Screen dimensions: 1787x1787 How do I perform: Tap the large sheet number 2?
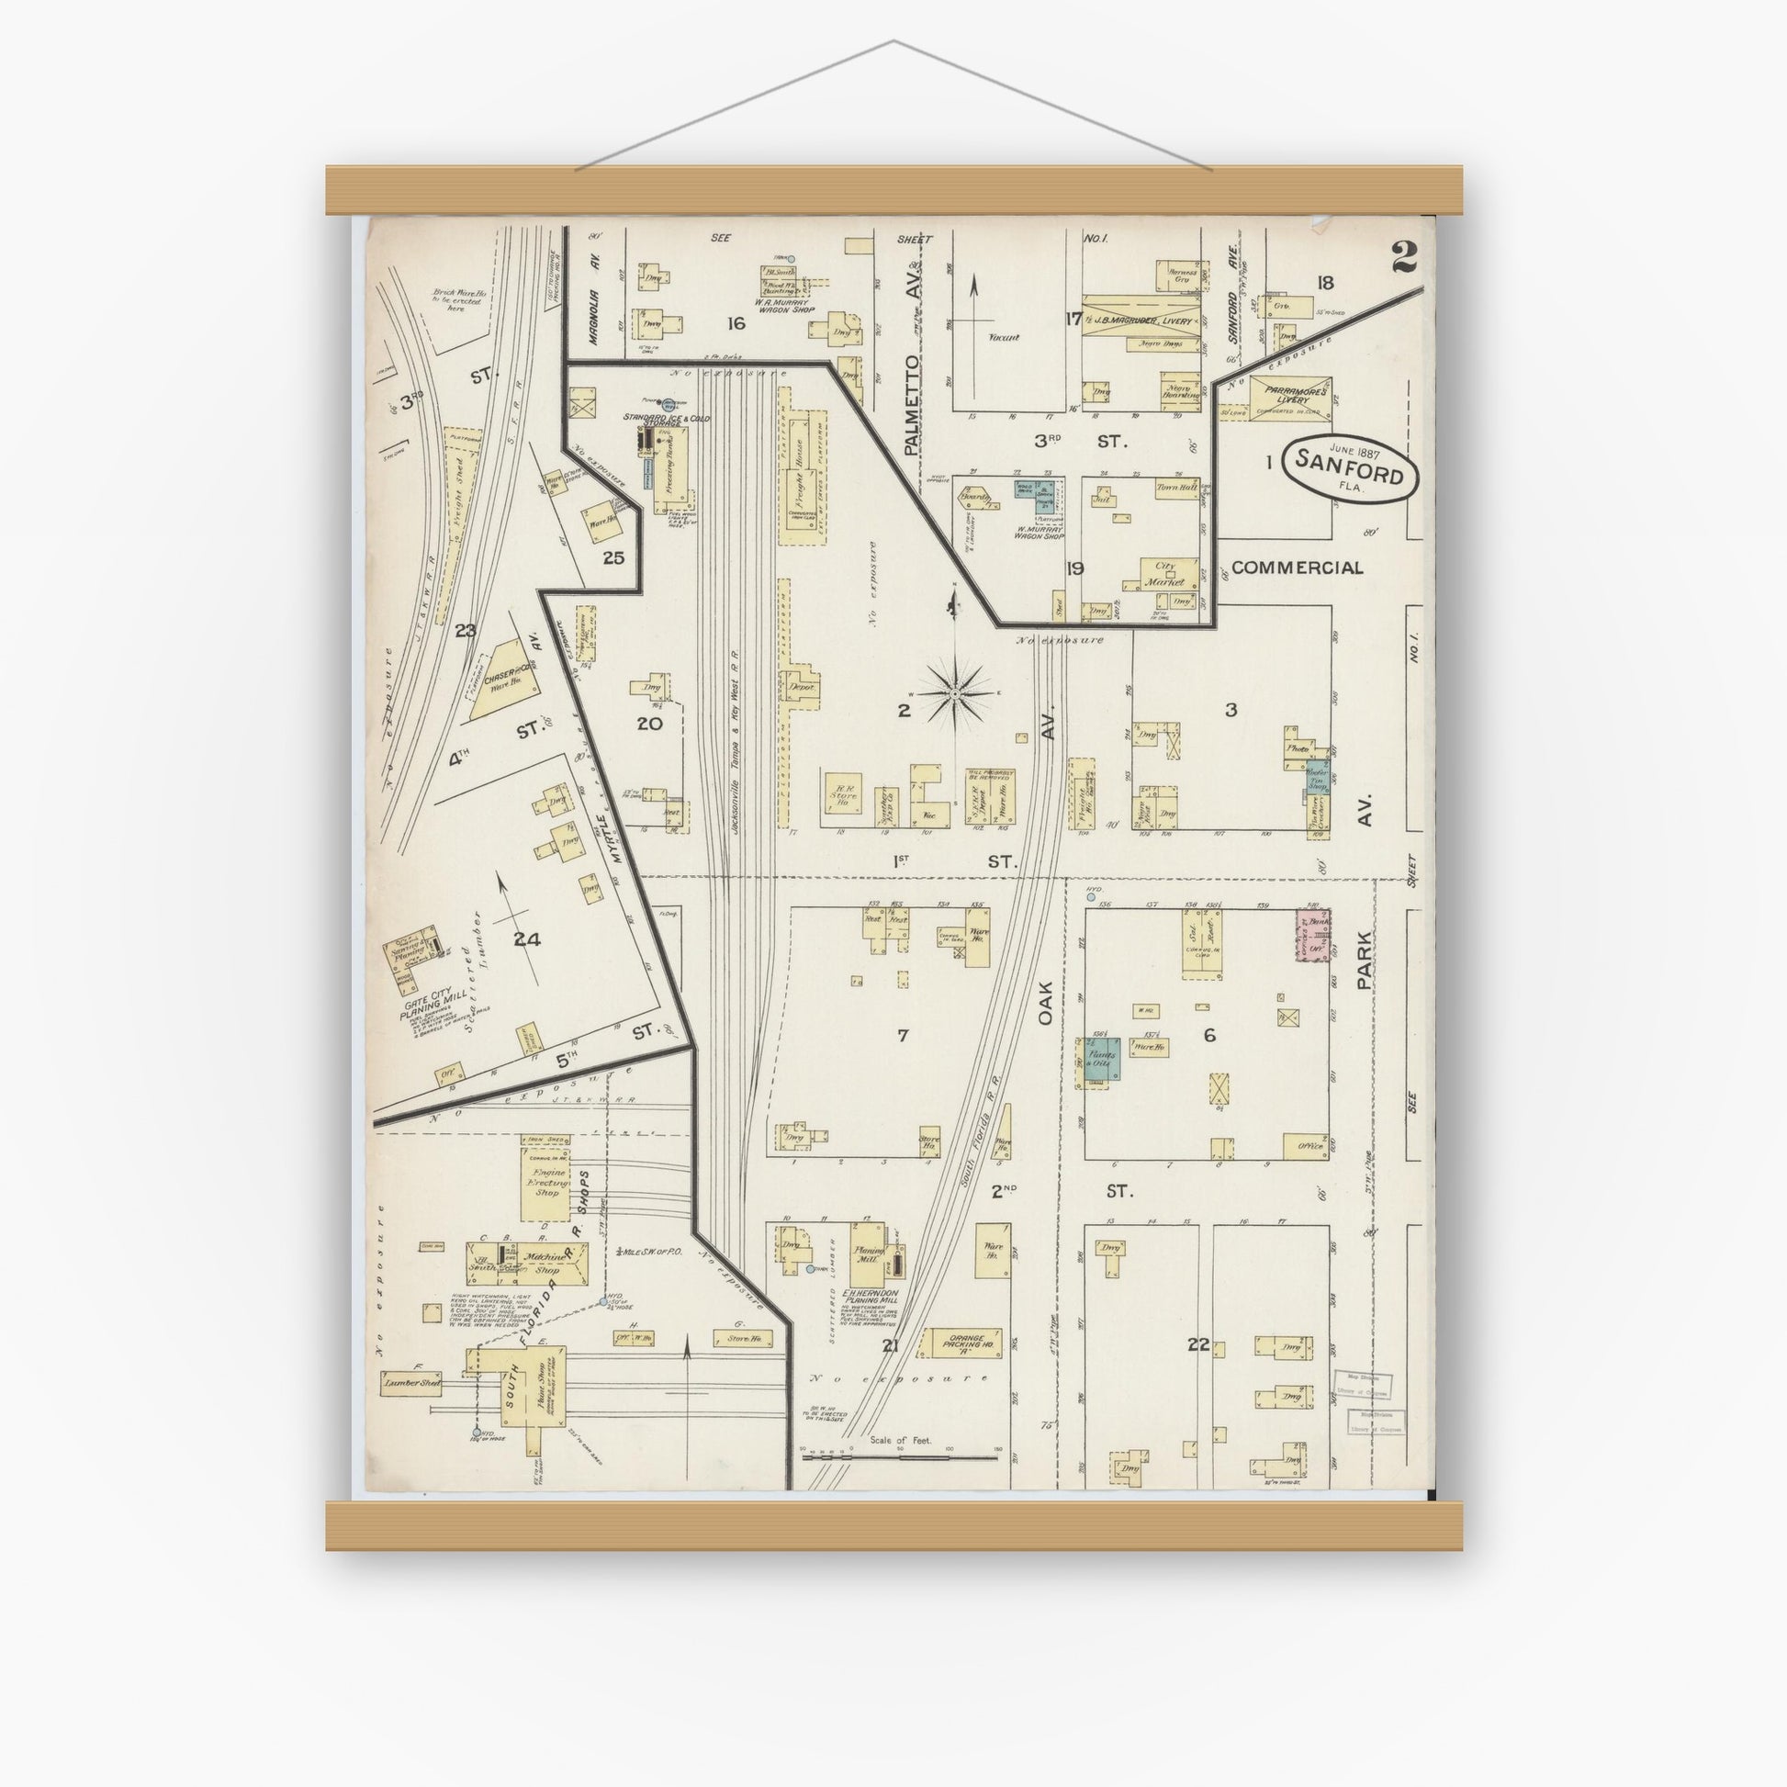[1401, 256]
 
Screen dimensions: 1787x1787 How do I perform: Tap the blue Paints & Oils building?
[1103, 1059]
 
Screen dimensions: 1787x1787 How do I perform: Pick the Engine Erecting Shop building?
[545, 1185]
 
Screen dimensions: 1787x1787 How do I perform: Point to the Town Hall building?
[1175, 488]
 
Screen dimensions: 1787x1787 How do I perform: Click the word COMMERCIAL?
[1297, 568]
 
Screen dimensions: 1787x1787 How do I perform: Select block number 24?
[526, 939]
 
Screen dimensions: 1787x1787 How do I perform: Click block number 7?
[902, 1035]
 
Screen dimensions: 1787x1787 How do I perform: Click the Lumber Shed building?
[410, 1384]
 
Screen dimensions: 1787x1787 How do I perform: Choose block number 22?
[1198, 1345]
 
